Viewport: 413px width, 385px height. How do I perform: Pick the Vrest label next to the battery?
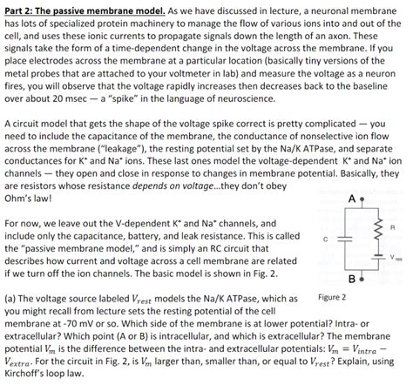(x=399, y=258)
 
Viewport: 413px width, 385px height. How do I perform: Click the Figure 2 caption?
(x=334, y=297)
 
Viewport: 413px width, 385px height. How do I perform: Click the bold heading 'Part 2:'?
(x=21, y=8)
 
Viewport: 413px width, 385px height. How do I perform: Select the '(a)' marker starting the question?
(x=11, y=297)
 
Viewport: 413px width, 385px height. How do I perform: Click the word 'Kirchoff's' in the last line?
(x=27, y=376)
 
